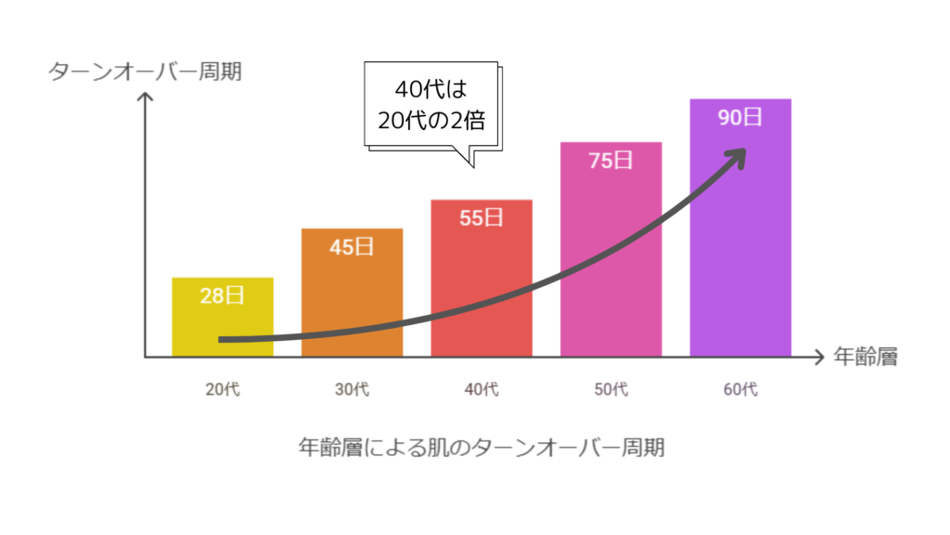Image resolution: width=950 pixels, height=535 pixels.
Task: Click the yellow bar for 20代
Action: click(x=223, y=320)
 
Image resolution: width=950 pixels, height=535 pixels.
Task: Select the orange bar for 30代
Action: click(x=353, y=297)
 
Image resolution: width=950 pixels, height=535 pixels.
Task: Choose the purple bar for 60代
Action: click(x=740, y=241)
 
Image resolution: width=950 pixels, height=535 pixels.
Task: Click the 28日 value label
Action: click(x=223, y=296)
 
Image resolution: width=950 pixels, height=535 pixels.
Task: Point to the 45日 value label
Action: click(x=353, y=248)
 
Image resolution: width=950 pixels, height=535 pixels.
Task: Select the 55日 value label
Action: click(x=481, y=218)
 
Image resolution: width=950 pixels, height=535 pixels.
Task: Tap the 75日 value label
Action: click(x=610, y=161)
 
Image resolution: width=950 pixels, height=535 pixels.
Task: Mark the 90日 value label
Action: click(x=740, y=118)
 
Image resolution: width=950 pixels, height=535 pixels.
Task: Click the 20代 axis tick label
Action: click(x=223, y=389)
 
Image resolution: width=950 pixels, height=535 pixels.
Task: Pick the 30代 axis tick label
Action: click(x=353, y=389)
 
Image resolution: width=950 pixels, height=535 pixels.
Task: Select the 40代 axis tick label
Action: click(x=481, y=389)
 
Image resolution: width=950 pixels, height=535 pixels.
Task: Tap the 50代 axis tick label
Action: click(x=610, y=389)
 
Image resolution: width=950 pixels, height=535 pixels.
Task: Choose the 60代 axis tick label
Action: click(x=740, y=389)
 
